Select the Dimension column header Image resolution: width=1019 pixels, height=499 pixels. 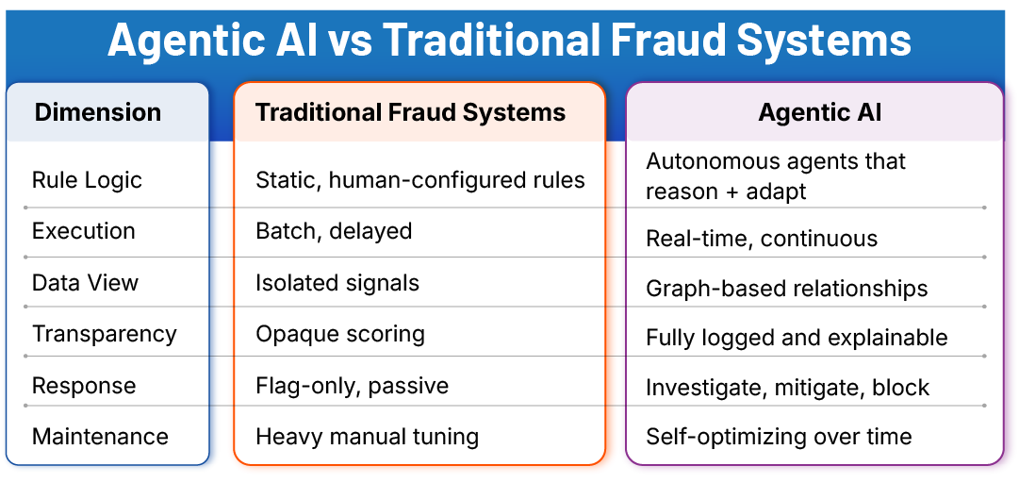pyautogui.click(x=98, y=112)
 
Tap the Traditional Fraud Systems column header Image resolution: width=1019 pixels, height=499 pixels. pyautogui.click(x=410, y=112)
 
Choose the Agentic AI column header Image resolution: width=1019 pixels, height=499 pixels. pyautogui.click(x=820, y=112)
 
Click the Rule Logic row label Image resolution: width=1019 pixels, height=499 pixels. pyautogui.click(x=87, y=180)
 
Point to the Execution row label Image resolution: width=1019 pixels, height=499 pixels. pyautogui.click(x=84, y=231)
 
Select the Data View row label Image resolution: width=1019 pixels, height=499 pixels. pyautogui.click(x=85, y=283)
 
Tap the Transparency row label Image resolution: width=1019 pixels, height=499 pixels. pyautogui.click(x=105, y=334)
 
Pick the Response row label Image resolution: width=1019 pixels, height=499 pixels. pyautogui.click(x=84, y=386)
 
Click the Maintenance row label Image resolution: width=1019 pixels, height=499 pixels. pyautogui.click(x=100, y=437)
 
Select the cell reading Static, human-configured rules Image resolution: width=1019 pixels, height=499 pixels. pyautogui.click(x=420, y=180)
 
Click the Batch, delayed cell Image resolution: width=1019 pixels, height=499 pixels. pyautogui.click(x=334, y=231)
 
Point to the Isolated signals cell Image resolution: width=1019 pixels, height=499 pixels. pyautogui.click(x=337, y=283)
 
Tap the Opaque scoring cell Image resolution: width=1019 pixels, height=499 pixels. pyautogui.click(x=340, y=334)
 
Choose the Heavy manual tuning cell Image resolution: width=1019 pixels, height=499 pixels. pyautogui.click(x=367, y=437)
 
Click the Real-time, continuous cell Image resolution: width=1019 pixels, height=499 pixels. pyautogui.click(x=762, y=239)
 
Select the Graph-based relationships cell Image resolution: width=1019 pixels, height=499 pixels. pyautogui.click(x=787, y=289)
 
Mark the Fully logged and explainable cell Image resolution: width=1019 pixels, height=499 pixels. pyautogui.click(x=797, y=338)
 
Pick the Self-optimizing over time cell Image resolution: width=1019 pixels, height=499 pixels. pyautogui.click(x=779, y=437)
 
